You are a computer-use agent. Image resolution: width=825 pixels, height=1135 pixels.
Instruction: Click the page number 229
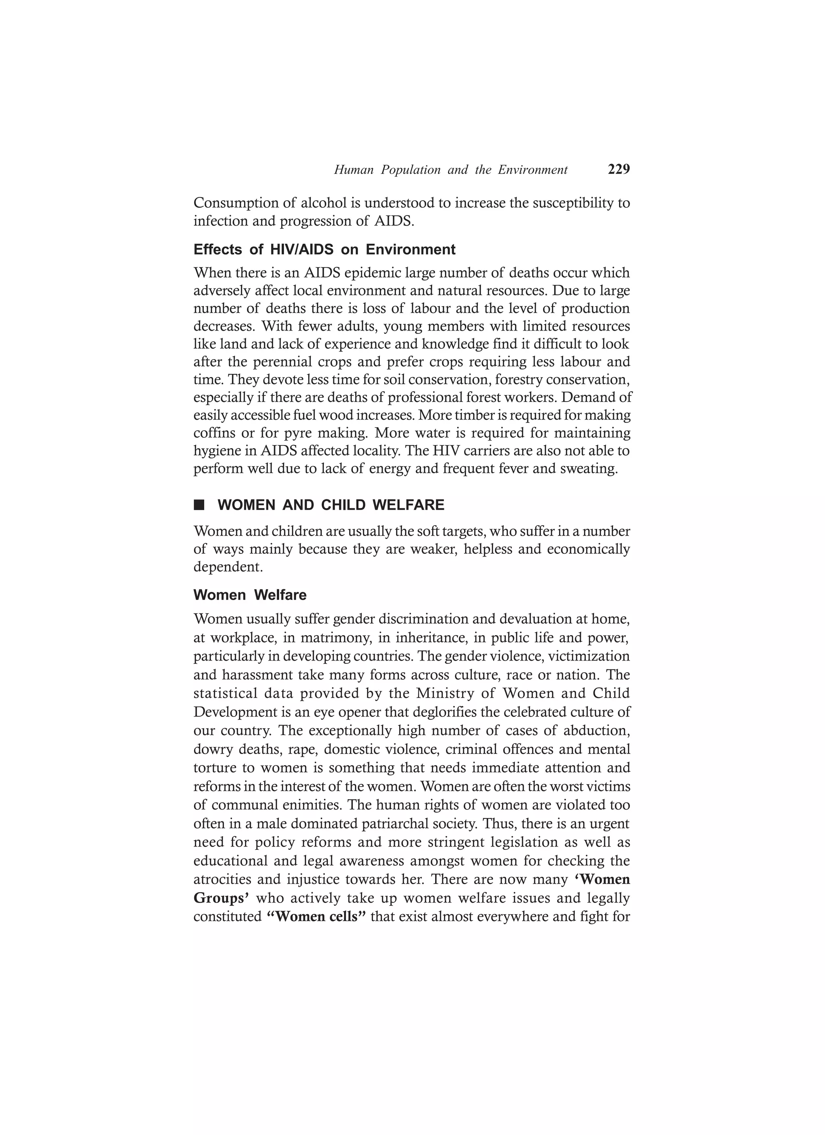(619, 170)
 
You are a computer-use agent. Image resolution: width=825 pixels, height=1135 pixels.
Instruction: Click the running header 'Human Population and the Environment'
(450, 170)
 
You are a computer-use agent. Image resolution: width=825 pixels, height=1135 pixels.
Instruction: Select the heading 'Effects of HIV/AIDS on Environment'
(324, 249)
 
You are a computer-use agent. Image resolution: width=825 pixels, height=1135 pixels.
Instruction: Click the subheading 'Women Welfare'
(250, 595)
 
